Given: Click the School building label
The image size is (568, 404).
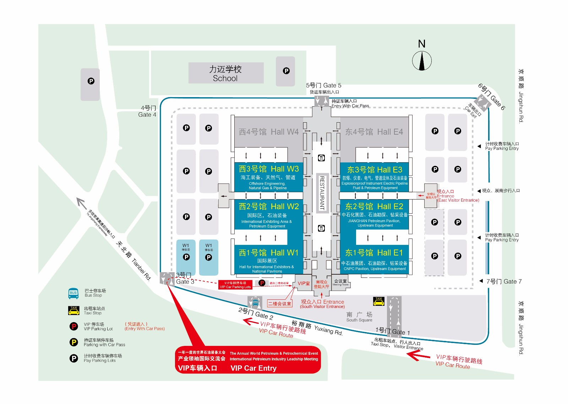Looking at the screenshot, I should click(x=225, y=74).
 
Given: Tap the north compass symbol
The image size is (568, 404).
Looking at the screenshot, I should click(x=422, y=60).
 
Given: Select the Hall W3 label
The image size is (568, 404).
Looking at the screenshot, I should click(x=269, y=169).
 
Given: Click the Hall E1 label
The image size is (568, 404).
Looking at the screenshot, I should click(x=374, y=253).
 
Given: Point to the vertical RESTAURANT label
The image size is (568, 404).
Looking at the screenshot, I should click(x=322, y=193).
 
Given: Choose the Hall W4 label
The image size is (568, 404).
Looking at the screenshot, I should click(x=269, y=132).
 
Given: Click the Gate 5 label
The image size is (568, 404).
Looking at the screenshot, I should click(x=323, y=85).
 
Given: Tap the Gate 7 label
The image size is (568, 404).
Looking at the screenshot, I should click(x=504, y=281).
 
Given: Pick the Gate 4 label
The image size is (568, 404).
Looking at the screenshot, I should click(x=147, y=111).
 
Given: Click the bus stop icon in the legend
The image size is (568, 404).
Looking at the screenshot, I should click(x=73, y=293).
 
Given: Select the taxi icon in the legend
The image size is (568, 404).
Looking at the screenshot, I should click(x=73, y=310).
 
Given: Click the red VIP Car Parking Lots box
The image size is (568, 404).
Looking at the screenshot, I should click(x=235, y=285).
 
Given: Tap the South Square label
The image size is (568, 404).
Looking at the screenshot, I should click(x=359, y=317).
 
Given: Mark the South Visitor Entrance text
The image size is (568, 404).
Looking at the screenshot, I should click(x=322, y=304).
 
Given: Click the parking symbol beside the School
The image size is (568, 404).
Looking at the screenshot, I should click(x=286, y=71).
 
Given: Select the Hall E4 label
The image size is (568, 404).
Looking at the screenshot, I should click(x=374, y=132).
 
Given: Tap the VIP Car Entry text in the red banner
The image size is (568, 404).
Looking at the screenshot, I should click(x=253, y=368).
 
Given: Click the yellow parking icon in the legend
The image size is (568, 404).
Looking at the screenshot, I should click(x=73, y=342).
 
